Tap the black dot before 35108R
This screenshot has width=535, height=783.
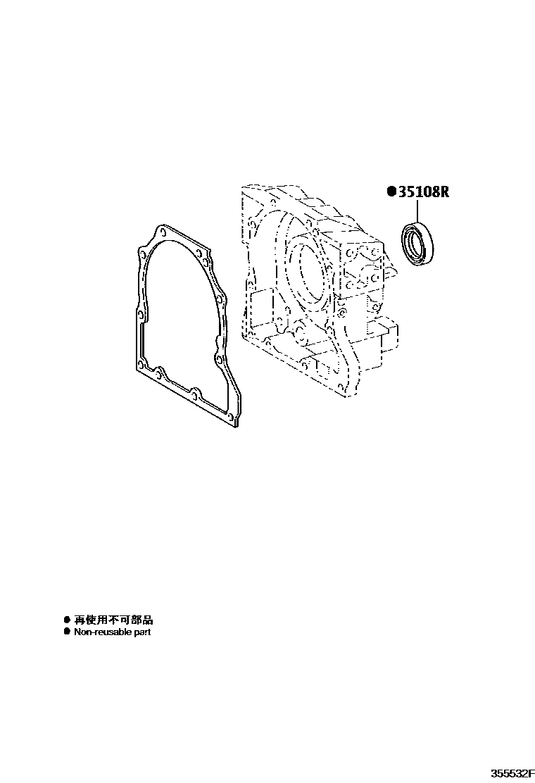(391, 191)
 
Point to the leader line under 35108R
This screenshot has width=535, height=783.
(417, 210)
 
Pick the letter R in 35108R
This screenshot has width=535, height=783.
(443, 191)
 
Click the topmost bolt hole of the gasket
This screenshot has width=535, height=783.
(162, 232)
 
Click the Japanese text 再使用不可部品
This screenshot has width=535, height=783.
(113, 620)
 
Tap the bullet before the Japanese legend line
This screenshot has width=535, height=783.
(67, 620)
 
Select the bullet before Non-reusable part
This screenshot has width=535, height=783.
(67, 632)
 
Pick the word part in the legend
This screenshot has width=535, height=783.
(142, 632)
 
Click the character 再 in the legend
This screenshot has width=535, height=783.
(79, 620)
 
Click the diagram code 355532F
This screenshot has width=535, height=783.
(509, 772)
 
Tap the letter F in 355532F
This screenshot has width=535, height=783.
(529, 772)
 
